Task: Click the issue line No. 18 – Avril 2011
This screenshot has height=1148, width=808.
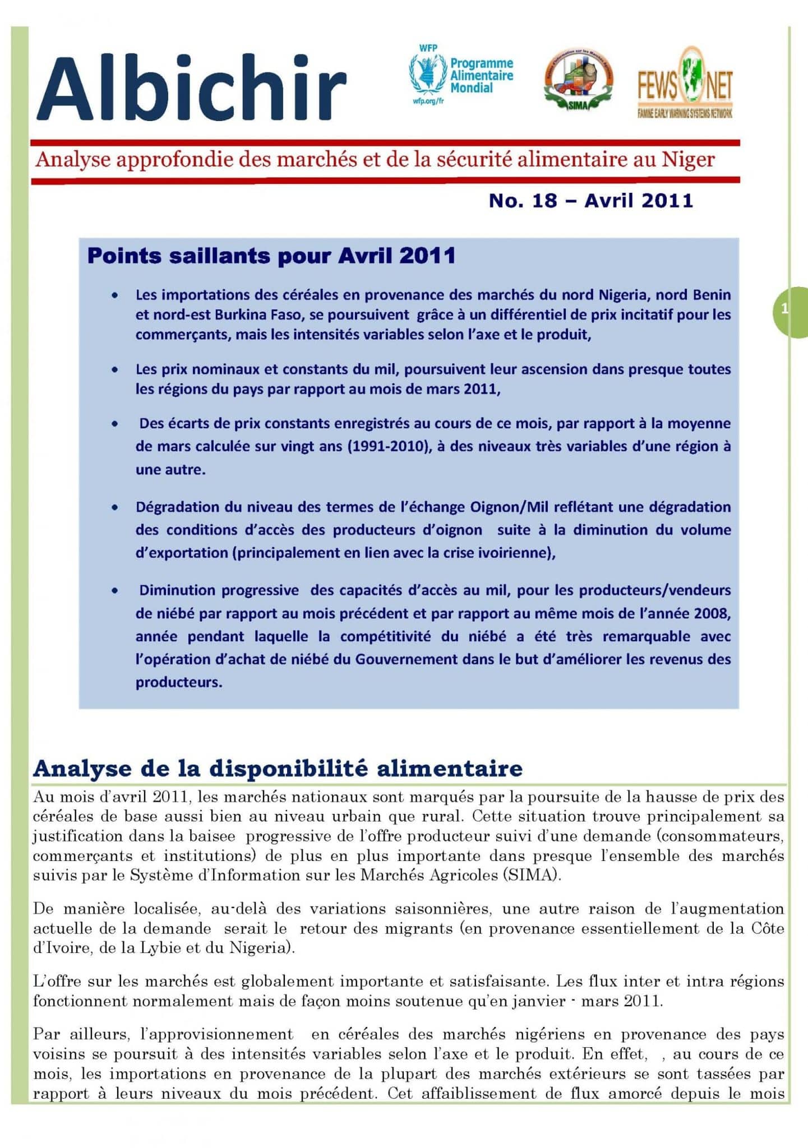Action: pyautogui.click(x=590, y=201)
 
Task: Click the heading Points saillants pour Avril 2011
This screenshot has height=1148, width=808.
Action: pyautogui.click(x=271, y=256)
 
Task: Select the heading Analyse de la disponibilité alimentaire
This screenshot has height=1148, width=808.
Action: pyautogui.click(x=278, y=768)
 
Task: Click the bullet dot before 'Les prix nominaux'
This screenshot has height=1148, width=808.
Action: pyautogui.click(x=114, y=370)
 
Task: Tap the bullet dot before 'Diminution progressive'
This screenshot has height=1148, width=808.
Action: pyautogui.click(x=114, y=591)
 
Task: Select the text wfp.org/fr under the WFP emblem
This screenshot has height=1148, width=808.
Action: pyautogui.click(x=428, y=101)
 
